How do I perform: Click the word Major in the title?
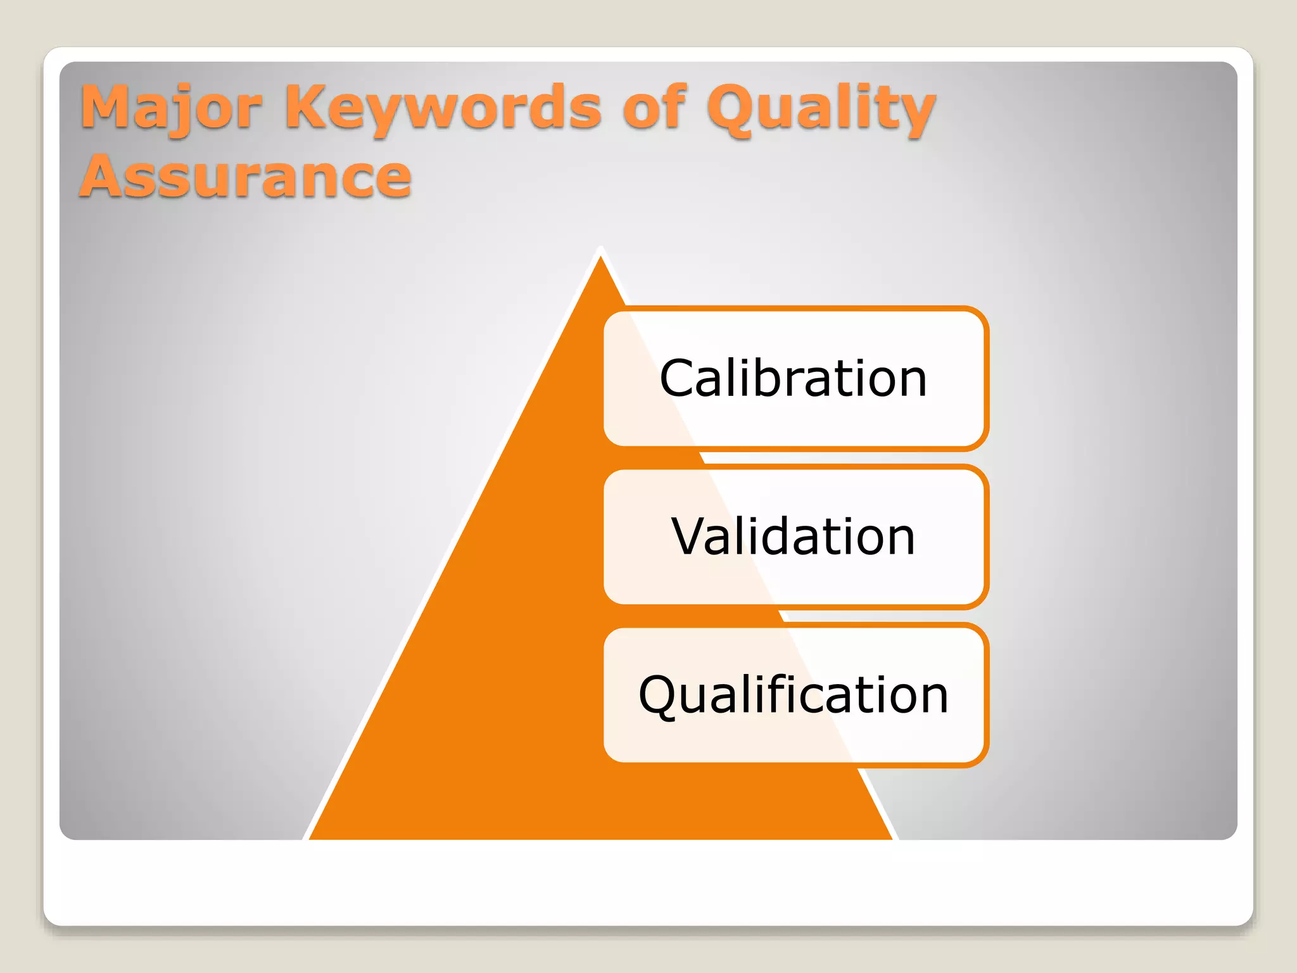[x=171, y=108]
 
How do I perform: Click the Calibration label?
[x=794, y=378]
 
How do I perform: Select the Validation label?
[x=794, y=537]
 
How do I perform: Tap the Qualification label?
[x=794, y=695]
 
